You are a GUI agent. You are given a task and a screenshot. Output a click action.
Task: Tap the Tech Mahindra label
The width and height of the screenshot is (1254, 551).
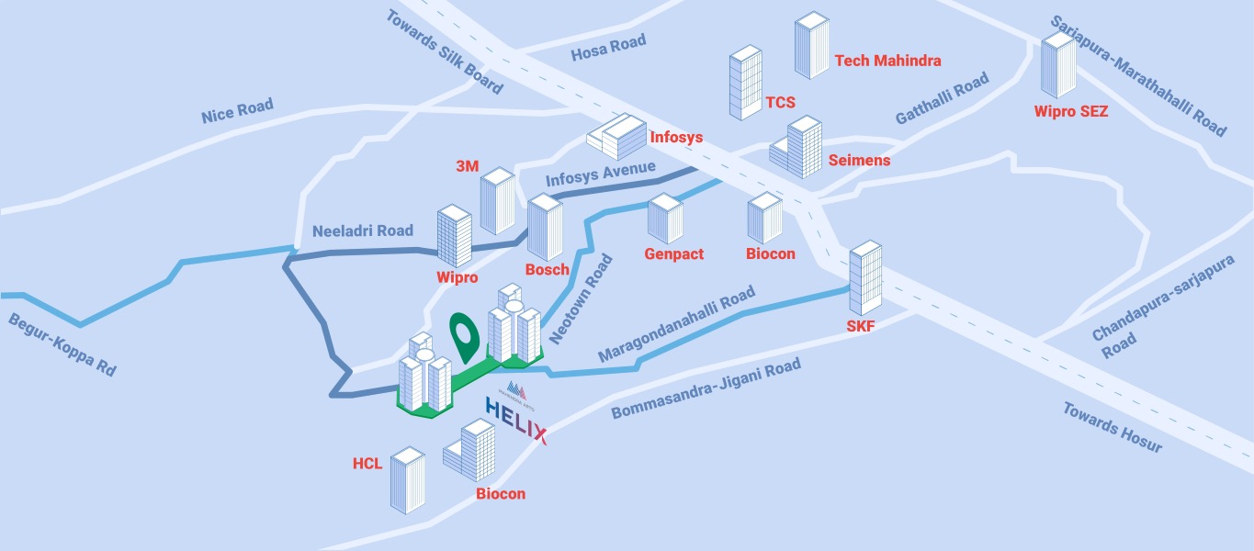(887, 61)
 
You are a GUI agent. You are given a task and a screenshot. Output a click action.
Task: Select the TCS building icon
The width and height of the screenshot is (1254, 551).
(745, 84)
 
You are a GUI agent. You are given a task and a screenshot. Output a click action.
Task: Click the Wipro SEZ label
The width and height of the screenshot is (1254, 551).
(1071, 112)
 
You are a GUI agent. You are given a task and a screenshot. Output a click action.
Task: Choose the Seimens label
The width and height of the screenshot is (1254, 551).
(859, 161)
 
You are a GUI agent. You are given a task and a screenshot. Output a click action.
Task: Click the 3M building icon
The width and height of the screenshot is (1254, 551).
(497, 201)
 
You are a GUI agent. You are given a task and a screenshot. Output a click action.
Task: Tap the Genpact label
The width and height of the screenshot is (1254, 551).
(674, 253)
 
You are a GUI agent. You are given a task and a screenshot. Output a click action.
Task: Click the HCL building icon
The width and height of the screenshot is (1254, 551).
(407, 479)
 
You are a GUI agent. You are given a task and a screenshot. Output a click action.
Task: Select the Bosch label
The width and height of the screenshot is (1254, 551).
(548, 270)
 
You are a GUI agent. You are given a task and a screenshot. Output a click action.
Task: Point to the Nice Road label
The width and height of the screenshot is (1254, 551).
(237, 111)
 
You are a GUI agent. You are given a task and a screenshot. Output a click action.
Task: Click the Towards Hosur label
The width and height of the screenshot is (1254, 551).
(1113, 427)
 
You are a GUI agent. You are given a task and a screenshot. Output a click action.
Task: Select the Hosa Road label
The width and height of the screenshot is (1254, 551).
(608, 46)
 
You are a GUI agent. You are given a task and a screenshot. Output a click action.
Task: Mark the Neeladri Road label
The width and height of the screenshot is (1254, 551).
(363, 231)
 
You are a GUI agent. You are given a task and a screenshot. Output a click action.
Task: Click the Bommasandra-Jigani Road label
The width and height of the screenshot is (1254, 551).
(706, 389)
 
